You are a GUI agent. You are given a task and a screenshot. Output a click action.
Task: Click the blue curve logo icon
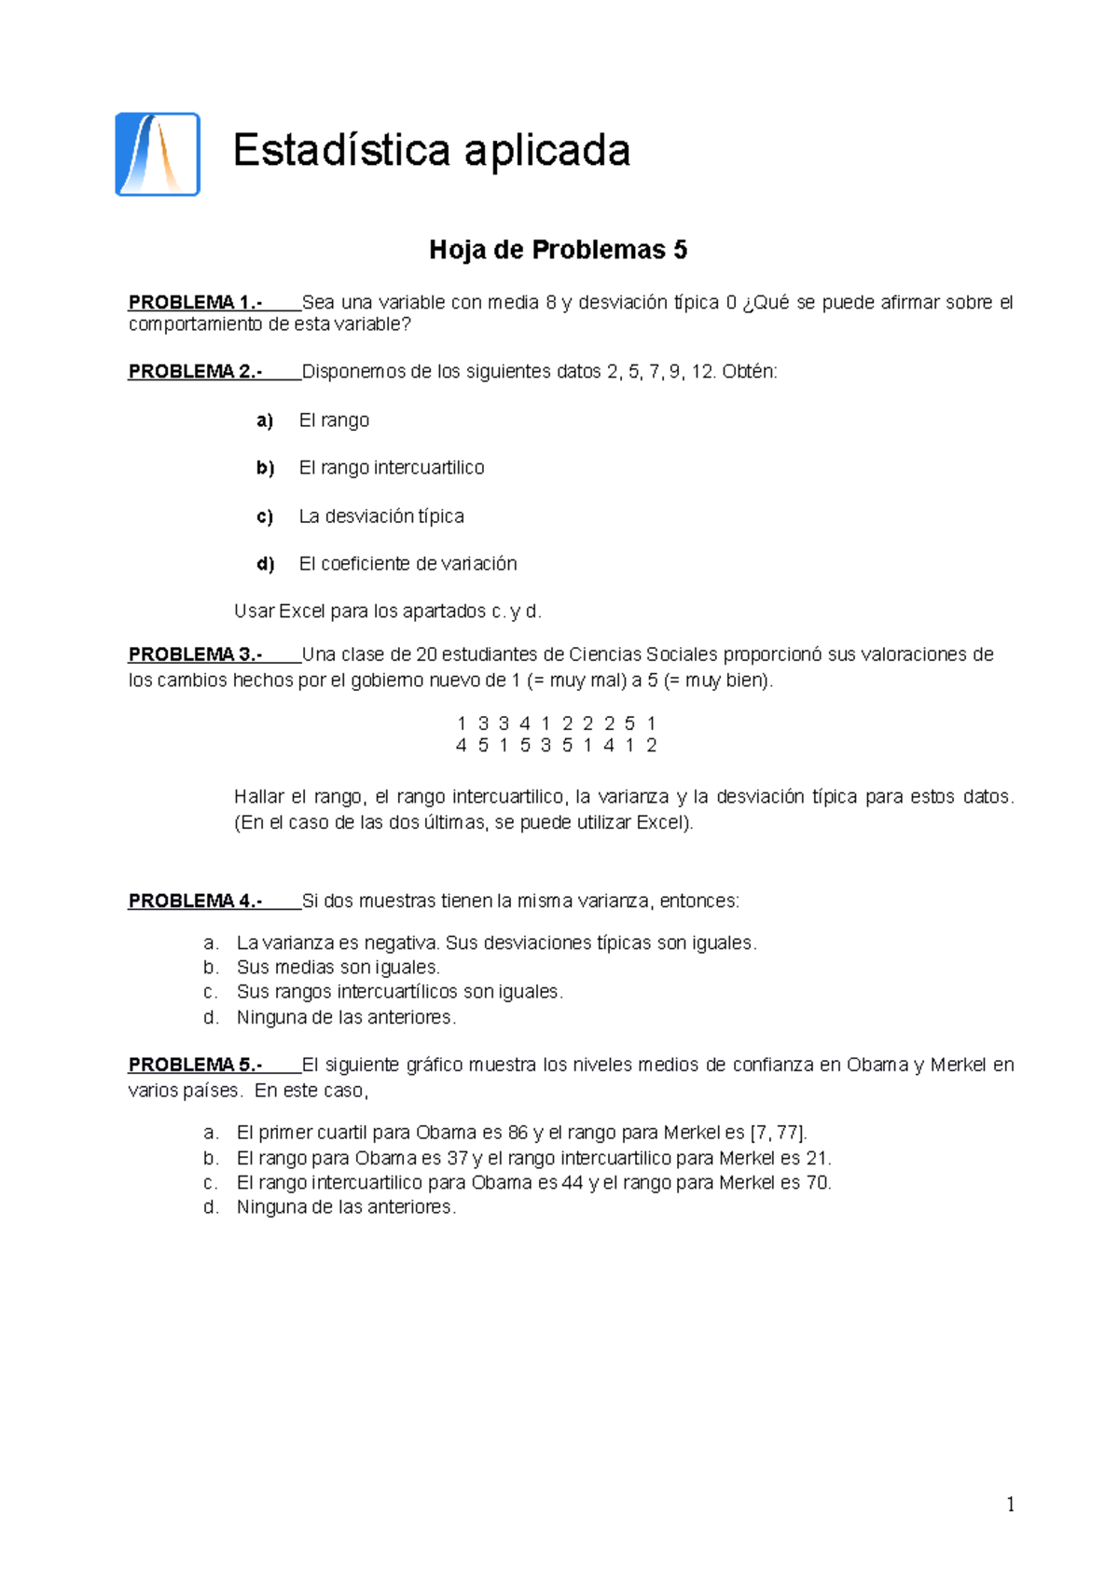(x=157, y=155)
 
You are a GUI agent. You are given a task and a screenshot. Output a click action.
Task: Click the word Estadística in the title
(x=340, y=151)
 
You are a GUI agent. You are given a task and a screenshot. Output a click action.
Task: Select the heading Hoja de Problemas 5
(x=558, y=250)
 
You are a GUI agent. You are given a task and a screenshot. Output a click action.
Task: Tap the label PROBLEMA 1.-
(x=195, y=303)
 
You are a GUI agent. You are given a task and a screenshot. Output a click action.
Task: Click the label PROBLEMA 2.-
(x=195, y=372)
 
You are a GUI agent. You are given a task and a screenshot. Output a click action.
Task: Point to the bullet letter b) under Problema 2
(x=265, y=468)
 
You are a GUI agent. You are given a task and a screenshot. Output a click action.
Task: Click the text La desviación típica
(x=380, y=516)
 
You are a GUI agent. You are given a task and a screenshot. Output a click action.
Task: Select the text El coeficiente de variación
(x=408, y=564)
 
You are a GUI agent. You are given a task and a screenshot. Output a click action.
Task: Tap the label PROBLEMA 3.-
(x=195, y=654)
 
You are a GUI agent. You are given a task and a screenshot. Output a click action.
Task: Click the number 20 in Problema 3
(x=426, y=654)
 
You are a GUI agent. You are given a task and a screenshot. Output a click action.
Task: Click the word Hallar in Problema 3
(x=258, y=797)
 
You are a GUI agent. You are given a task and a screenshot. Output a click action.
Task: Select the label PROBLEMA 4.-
(x=195, y=902)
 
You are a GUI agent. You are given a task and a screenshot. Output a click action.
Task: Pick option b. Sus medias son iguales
(x=338, y=968)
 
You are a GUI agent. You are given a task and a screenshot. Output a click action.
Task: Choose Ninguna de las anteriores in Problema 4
(x=346, y=1018)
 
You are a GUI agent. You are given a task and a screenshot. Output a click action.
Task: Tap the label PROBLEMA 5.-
(x=195, y=1065)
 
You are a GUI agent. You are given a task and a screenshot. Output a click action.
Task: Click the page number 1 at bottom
(x=1011, y=1505)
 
